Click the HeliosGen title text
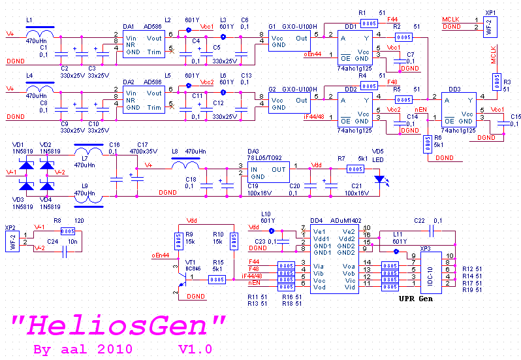click(119, 325)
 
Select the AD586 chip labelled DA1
click(143, 43)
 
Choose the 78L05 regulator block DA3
click(266, 172)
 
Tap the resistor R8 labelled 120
click(67, 231)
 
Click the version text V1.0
click(195, 350)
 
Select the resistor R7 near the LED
click(355, 169)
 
